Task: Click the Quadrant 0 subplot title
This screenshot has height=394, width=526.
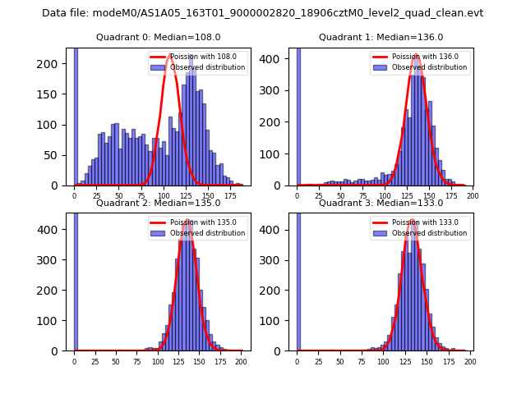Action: coord(158,37)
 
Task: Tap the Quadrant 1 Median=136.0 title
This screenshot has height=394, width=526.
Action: coord(381,37)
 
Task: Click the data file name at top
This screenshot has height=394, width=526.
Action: coord(262,13)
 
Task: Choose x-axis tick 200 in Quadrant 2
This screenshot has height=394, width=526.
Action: coord(240,361)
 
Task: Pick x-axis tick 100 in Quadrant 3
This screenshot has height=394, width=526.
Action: coord(384,361)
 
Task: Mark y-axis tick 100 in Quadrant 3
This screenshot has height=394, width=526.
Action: coord(279,321)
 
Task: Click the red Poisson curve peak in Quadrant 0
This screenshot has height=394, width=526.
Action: coord(171,56)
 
